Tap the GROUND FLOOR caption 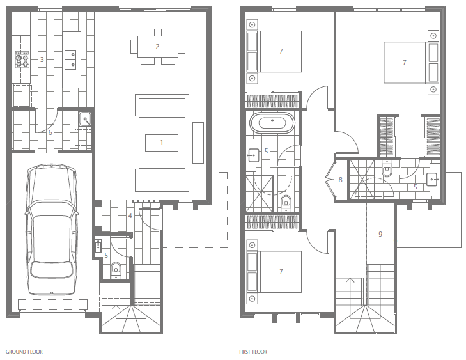click(24, 352)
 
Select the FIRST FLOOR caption click(253, 352)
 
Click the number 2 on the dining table click(157, 47)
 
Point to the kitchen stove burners click(22, 59)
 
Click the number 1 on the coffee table click(161, 143)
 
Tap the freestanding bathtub click(272, 123)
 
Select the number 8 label click(340, 180)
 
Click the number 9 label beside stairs click(380, 234)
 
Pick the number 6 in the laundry click(50, 132)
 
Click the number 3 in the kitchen click(42, 59)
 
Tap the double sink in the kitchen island click(70, 59)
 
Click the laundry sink click(85, 120)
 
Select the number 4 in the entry click(130, 215)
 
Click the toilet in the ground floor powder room click(116, 269)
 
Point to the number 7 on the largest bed click(404, 63)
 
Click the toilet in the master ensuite click(387, 169)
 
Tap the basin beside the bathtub click(254, 155)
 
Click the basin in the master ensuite click(433, 180)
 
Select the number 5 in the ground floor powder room click(106, 255)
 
